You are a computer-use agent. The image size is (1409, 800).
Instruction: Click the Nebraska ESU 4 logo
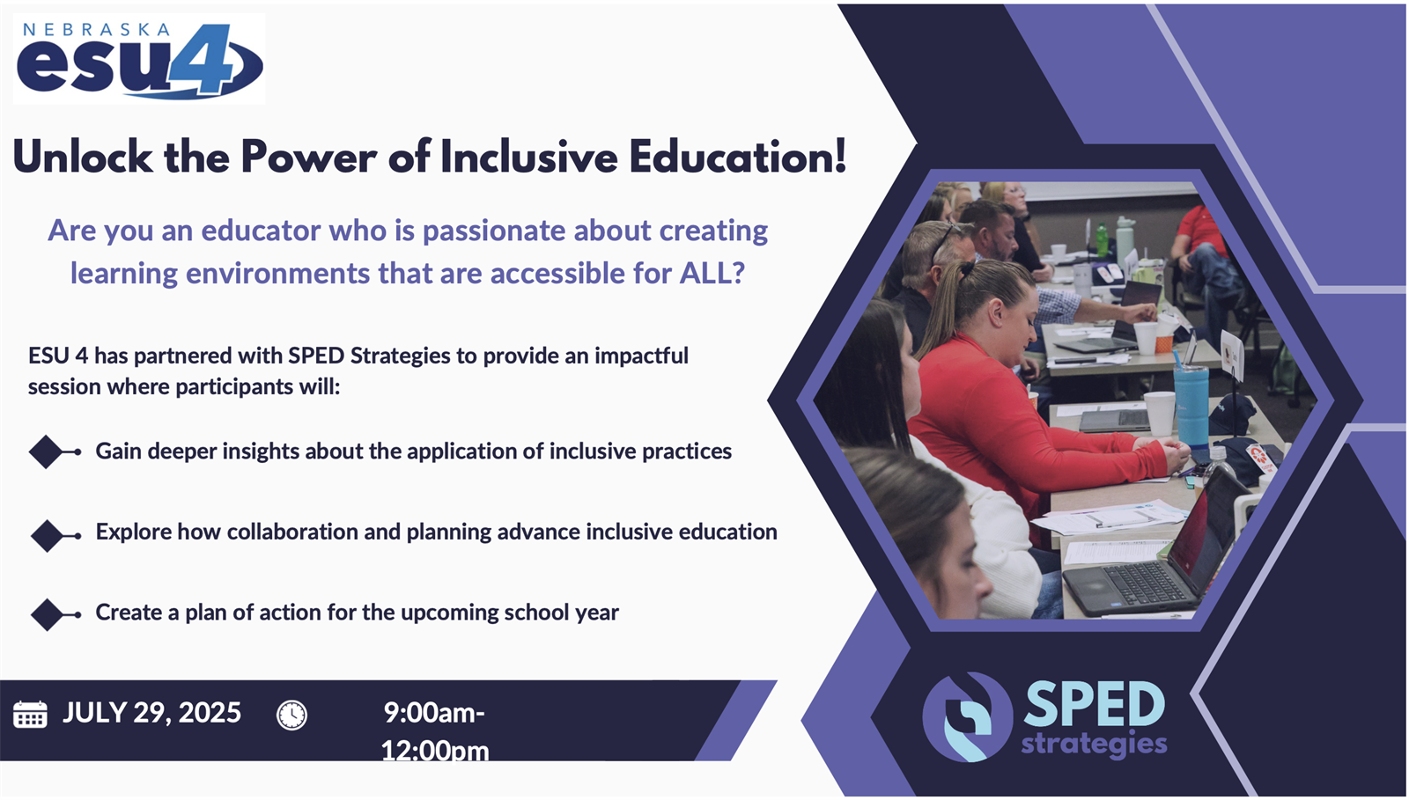click(x=139, y=60)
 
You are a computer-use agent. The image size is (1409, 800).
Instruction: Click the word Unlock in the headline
click(x=83, y=157)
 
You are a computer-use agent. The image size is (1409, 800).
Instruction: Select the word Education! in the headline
click(x=738, y=157)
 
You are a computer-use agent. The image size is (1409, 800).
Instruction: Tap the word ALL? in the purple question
click(x=712, y=274)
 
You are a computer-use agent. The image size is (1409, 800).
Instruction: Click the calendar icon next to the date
click(x=30, y=714)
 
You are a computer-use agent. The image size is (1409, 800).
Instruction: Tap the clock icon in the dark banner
click(x=291, y=716)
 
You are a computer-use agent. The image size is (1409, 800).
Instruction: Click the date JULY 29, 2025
click(x=151, y=713)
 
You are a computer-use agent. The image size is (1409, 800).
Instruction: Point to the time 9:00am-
click(x=435, y=713)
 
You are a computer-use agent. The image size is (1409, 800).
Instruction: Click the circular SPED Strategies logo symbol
click(x=968, y=717)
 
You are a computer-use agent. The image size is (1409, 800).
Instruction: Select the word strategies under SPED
click(x=1094, y=744)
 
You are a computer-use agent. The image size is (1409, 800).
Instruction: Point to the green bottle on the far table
click(x=1102, y=239)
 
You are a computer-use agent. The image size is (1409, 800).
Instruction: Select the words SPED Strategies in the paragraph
click(x=369, y=356)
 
